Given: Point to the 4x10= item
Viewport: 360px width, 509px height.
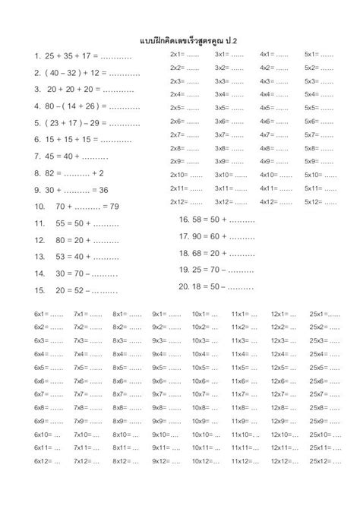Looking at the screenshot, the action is click(274, 175).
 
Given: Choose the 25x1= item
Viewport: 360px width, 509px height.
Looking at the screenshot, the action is click(325, 314).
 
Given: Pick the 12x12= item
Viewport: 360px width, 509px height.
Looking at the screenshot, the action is click(288, 461).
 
